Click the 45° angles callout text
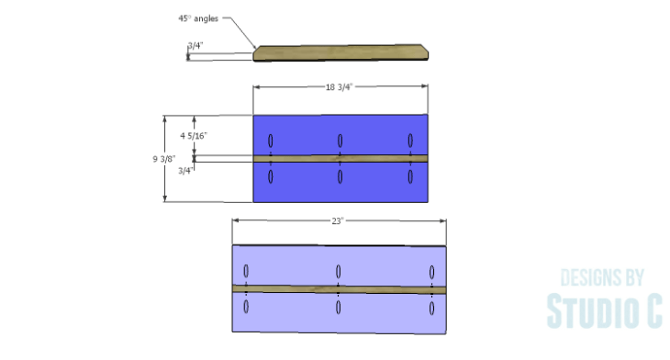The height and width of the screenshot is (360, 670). tap(198, 18)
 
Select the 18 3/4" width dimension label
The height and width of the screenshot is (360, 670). tap(339, 87)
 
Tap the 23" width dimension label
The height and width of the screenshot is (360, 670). tap(338, 221)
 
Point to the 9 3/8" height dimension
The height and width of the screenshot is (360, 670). tap(164, 159)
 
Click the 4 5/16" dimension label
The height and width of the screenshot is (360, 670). tap(194, 136)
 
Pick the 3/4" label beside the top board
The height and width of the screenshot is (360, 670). tap(195, 45)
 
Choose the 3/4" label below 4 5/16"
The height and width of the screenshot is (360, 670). tap(186, 171)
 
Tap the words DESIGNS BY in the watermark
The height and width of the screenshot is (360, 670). tap(602, 278)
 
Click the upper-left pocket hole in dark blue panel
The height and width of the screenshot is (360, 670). tap(271, 141)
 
